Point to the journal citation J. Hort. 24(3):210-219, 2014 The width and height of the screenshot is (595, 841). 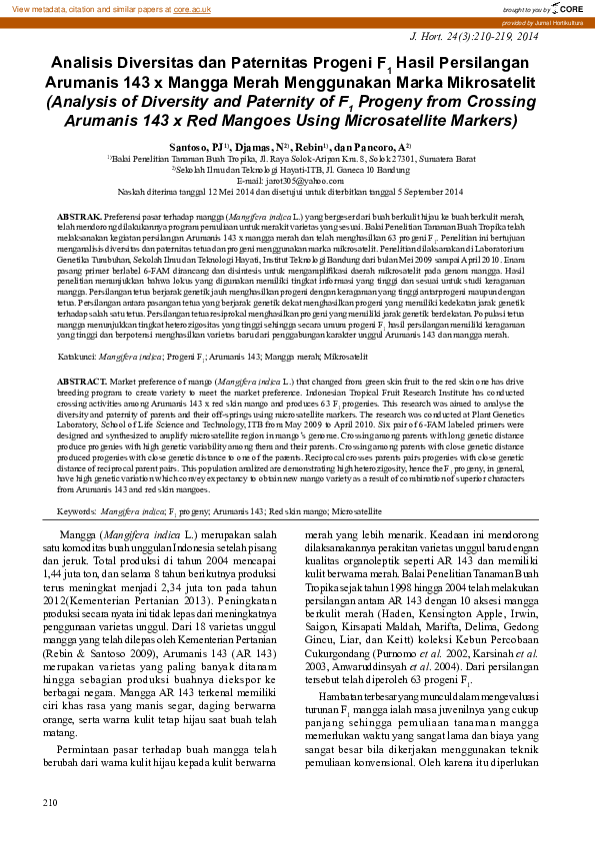[474, 36]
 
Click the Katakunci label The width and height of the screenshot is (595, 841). [76, 355]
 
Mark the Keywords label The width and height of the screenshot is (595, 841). [76, 511]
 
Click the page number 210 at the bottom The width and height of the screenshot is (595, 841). [51, 802]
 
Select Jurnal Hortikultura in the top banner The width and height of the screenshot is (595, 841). [556, 21]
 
